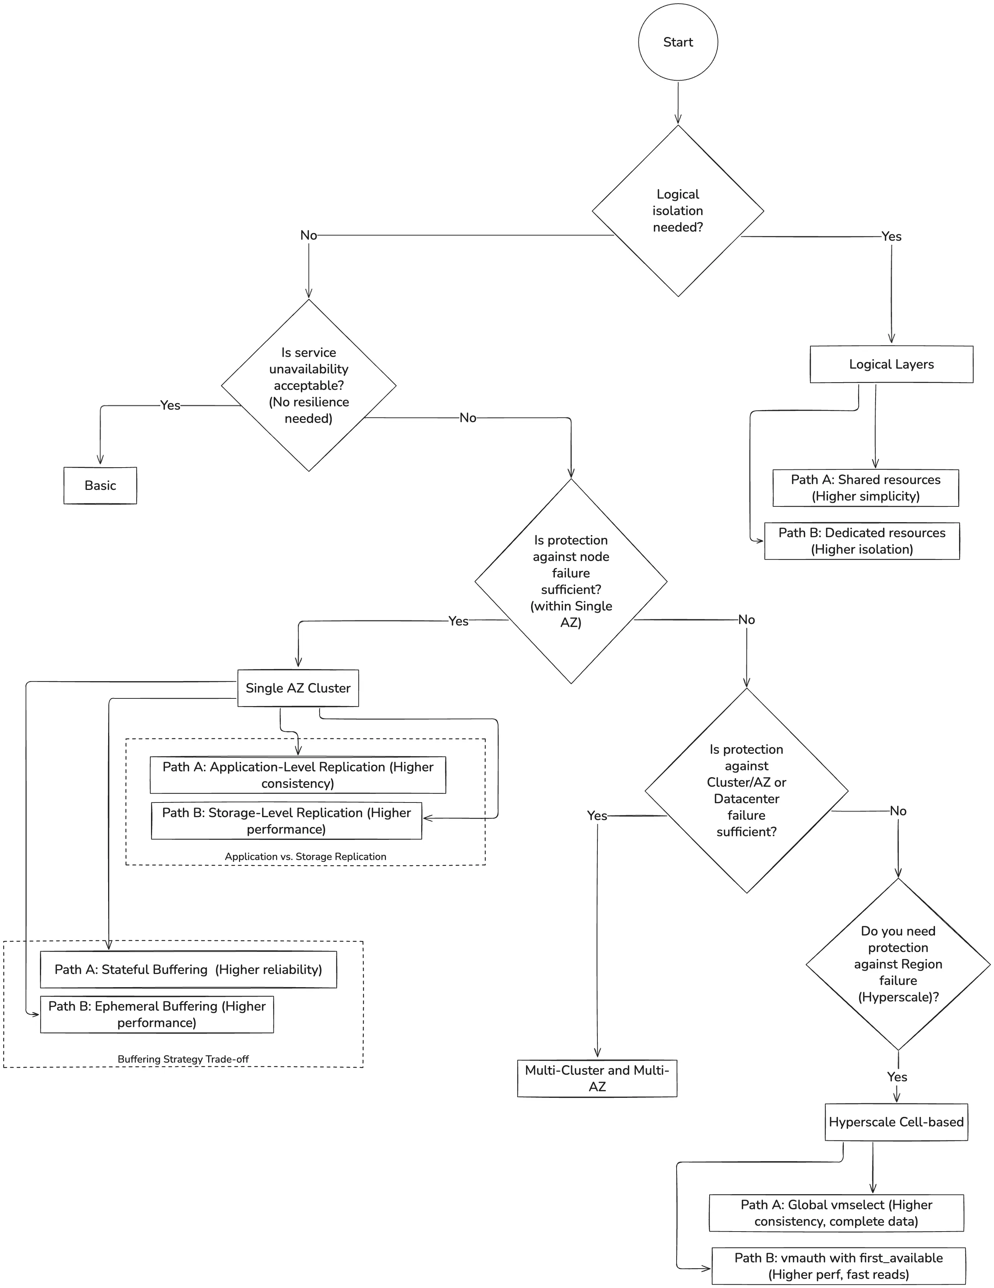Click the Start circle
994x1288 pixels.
coord(678,42)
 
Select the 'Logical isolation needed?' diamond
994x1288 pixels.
coord(678,211)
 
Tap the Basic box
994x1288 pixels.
coord(100,486)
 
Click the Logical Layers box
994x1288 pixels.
coord(891,365)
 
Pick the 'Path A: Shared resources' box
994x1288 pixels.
coord(865,488)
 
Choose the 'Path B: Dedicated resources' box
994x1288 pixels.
coord(862,541)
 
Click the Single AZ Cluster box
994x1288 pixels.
coord(298,688)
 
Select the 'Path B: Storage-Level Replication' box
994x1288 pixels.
coord(286,821)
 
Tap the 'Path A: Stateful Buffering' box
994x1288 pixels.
coord(188,970)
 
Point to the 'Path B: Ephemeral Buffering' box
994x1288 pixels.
coord(157,1014)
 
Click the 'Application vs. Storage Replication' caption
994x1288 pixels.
coord(306,856)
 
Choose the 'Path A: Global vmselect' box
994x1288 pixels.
coord(836,1213)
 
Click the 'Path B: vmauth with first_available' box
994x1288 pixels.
coord(838,1266)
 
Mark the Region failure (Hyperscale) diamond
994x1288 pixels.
coord(898,964)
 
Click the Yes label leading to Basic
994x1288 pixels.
coord(170,405)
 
